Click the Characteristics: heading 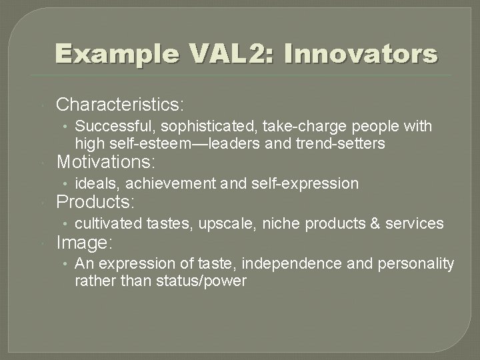tap(121, 105)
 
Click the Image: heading tap(85, 242)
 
